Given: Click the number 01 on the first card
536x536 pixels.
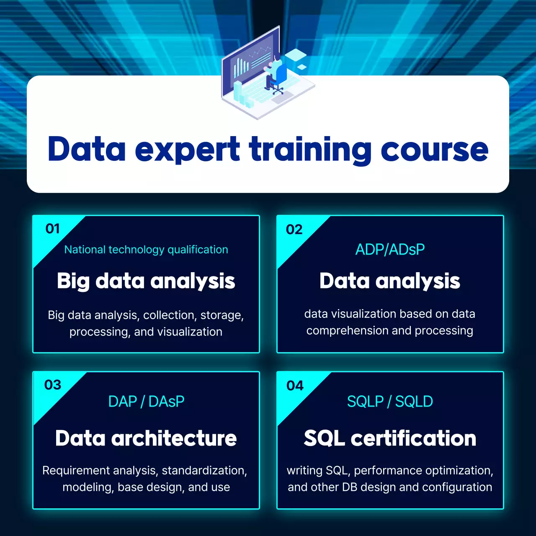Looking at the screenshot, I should click(x=53, y=229).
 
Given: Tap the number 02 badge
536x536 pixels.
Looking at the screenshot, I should click(x=294, y=229).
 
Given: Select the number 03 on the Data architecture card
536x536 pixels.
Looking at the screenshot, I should click(x=53, y=385).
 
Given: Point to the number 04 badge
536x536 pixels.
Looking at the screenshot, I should click(x=295, y=386).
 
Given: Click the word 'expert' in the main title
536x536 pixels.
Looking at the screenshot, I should click(x=187, y=150).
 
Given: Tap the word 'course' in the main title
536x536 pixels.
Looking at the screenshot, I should click(x=434, y=150).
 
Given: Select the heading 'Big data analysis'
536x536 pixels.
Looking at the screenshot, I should click(x=146, y=281).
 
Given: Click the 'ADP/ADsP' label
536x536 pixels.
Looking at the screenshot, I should click(x=390, y=250).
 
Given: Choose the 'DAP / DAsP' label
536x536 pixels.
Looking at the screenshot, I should click(x=146, y=402).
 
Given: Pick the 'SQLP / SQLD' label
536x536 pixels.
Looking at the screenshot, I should click(x=390, y=402).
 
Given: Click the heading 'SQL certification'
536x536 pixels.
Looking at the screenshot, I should click(x=390, y=438).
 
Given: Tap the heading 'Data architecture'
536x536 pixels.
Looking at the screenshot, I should click(x=146, y=438).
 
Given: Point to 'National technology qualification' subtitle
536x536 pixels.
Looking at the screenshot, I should click(x=146, y=250).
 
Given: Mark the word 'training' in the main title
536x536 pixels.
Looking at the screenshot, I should click(x=310, y=150).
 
